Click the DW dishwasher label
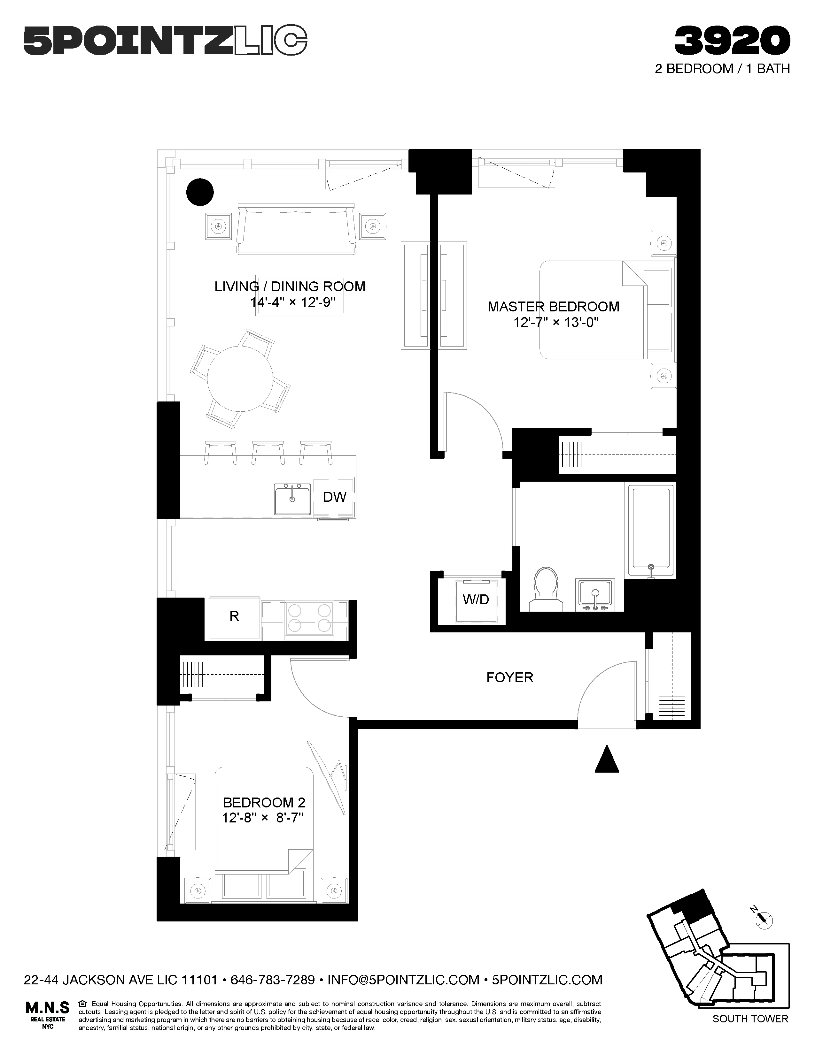point(335,497)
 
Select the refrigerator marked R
point(234,616)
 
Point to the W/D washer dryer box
point(476,600)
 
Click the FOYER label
point(509,677)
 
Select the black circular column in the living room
point(200,192)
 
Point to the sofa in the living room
point(297,231)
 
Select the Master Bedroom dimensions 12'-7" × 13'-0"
point(556,322)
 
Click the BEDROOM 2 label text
point(264,803)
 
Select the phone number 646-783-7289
point(273,980)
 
